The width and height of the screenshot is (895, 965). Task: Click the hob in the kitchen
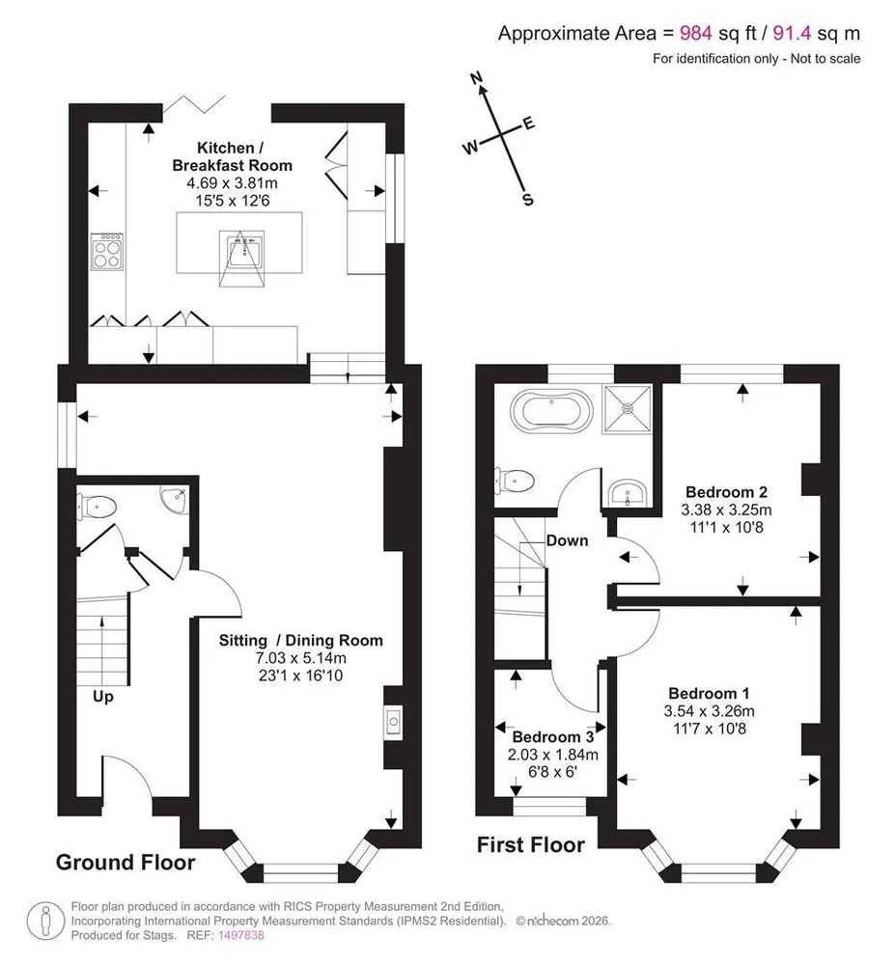pyautogui.click(x=106, y=252)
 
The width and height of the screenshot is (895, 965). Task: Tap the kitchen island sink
pyautogui.click(x=242, y=250)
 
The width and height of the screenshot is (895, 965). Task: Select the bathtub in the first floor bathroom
pyautogui.click(x=551, y=411)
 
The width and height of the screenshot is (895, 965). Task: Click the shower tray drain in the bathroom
pyautogui.click(x=628, y=408)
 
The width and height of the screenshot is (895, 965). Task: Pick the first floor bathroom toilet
pyautogui.click(x=514, y=481)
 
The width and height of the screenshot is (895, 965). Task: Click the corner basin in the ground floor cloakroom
pyautogui.click(x=176, y=498)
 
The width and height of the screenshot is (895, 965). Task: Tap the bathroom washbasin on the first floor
pyautogui.click(x=628, y=493)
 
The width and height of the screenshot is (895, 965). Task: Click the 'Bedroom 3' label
pyautogui.click(x=553, y=736)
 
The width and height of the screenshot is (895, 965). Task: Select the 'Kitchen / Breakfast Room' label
pyautogui.click(x=232, y=156)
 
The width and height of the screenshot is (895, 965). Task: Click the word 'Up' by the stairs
pyautogui.click(x=102, y=697)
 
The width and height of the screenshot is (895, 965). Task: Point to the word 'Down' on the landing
pyautogui.click(x=567, y=540)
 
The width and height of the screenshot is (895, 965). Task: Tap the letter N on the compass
pyautogui.click(x=476, y=78)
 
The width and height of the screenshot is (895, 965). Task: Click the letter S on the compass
pyautogui.click(x=527, y=200)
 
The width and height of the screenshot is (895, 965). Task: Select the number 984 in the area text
pyautogui.click(x=696, y=33)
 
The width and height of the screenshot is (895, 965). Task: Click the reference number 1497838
pyautogui.click(x=240, y=935)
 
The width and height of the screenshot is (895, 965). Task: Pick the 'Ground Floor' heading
pyautogui.click(x=126, y=862)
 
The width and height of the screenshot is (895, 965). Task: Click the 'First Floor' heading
pyautogui.click(x=531, y=845)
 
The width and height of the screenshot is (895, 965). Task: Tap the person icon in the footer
pyautogui.click(x=45, y=921)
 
